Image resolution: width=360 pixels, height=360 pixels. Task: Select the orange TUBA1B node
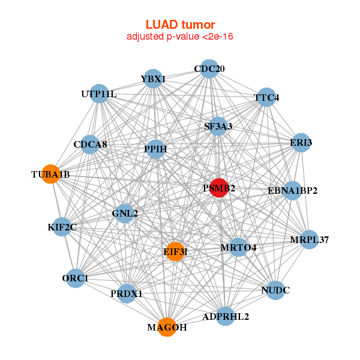point(50,173)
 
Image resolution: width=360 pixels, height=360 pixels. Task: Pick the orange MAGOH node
point(167,327)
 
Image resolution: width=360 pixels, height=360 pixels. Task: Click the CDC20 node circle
point(209,69)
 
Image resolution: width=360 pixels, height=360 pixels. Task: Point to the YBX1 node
point(153,79)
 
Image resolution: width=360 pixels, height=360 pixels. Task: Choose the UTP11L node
point(100,94)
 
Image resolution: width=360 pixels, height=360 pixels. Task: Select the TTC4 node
point(266,97)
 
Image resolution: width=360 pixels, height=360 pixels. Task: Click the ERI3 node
point(301,142)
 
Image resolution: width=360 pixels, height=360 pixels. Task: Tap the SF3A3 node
point(218,126)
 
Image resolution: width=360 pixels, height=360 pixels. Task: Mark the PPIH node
point(155,149)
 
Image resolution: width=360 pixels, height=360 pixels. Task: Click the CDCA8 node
point(90,144)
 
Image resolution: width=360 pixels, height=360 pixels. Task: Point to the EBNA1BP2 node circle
point(292,191)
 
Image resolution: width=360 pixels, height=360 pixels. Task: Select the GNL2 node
point(124,213)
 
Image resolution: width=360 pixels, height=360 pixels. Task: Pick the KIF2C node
point(62,226)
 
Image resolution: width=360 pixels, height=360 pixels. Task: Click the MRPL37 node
point(310,240)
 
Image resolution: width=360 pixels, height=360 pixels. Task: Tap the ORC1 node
point(75,278)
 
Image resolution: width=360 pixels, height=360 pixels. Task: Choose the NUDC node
point(275,290)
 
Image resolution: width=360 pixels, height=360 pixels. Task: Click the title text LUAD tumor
point(180,25)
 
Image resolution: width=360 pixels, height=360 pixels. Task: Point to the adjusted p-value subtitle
point(180,37)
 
